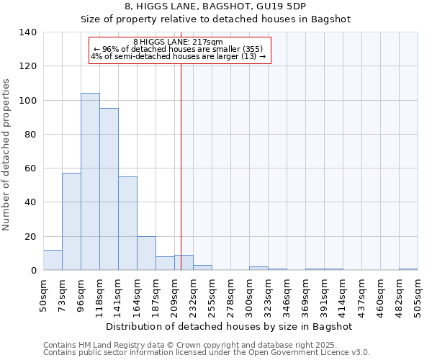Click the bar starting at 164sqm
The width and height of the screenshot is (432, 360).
pos(146,253)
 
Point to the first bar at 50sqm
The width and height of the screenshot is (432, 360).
pos(53,260)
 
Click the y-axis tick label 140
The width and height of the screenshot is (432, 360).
pos(28,32)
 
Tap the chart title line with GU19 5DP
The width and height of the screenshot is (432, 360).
pos(215,6)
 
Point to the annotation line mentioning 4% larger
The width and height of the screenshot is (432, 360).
pos(179,56)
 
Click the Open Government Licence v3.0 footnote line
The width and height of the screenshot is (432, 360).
pos(207,352)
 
